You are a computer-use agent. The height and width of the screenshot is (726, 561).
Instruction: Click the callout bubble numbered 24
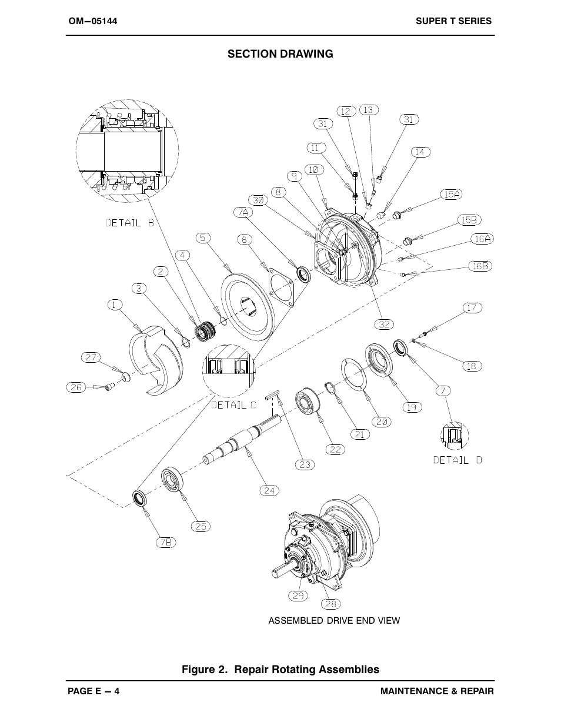(x=269, y=490)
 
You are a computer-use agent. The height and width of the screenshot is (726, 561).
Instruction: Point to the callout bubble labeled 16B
(x=480, y=266)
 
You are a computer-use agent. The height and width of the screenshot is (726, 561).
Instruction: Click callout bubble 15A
(x=452, y=194)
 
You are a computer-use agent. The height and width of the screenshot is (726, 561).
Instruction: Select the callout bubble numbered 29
(x=298, y=595)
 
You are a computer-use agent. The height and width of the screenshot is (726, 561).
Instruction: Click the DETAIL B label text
(x=129, y=223)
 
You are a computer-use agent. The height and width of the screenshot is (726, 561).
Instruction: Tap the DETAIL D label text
(x=458, y=460)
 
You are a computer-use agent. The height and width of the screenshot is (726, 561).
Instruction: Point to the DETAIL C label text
(x=234, y=405)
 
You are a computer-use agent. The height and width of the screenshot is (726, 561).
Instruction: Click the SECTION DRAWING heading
(x=280, y=54)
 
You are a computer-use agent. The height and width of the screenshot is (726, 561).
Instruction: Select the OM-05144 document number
(x=93, y=21)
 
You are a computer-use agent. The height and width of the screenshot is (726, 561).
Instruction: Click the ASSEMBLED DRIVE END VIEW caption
(x=334, y=621)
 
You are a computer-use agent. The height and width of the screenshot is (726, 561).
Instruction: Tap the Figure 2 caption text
(x=280, y=670)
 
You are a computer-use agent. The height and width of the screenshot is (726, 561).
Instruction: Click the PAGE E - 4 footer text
(x=93, y=691)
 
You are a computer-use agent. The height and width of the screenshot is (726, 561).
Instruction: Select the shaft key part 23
(x=273, y=397)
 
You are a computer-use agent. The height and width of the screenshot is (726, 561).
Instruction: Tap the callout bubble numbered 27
(x=91, y=357)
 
